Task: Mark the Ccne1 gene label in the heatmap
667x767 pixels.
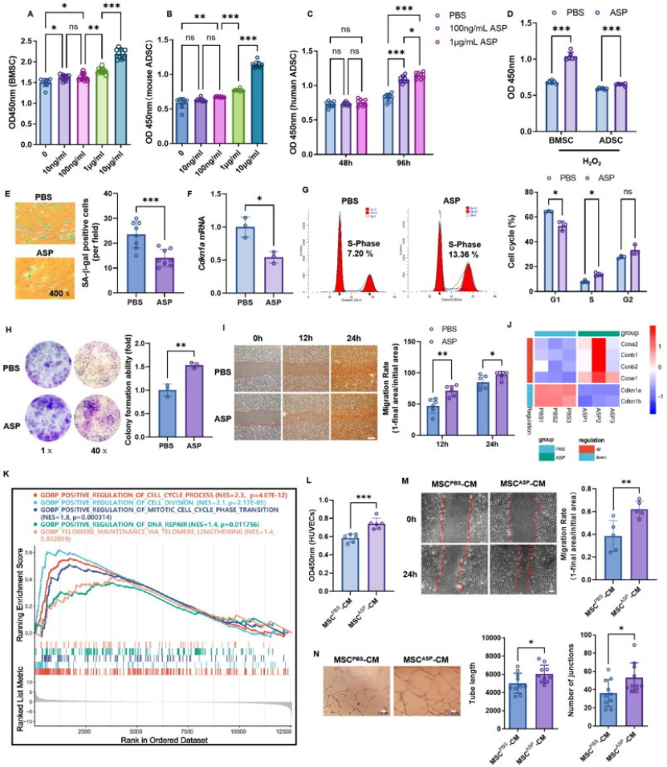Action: coord(630,373)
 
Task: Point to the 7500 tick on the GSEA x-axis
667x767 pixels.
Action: coord(186,732)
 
